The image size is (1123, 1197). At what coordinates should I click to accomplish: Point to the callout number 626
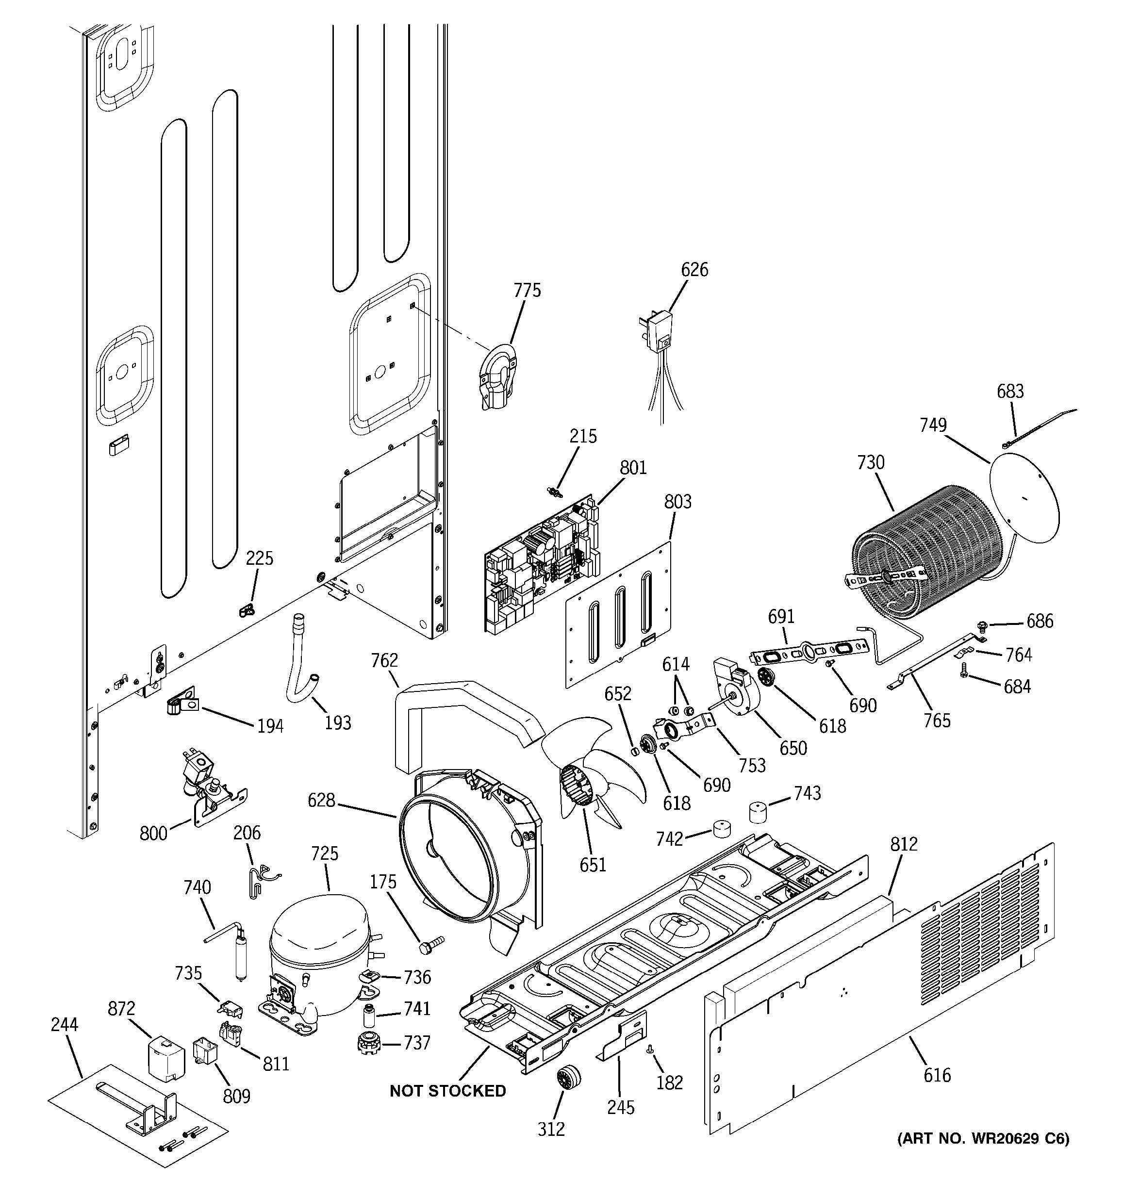694,269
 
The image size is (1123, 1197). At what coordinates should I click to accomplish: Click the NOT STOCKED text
447,1090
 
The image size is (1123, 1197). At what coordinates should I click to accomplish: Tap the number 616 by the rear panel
937,1074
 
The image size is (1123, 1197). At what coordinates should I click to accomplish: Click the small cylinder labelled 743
760,811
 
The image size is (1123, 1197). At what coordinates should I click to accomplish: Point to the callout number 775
527,290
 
